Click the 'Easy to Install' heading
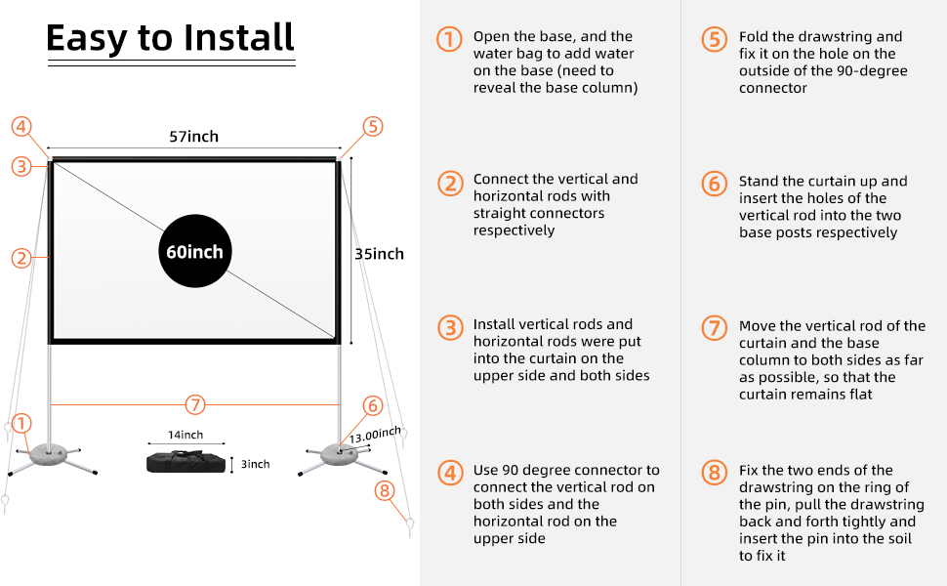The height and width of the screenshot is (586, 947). point(170,38)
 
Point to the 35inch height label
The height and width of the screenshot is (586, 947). point(379,254)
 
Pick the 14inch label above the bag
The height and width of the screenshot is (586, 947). point(185,435)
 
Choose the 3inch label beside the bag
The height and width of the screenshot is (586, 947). point(257,464)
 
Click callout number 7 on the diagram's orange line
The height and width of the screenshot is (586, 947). point(195,404)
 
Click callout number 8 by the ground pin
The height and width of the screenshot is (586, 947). point(385,490)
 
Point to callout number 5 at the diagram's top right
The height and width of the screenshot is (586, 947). point(372,126)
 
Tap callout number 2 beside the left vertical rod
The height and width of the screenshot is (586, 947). point(21,258)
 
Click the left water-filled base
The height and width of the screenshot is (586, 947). point(52,455)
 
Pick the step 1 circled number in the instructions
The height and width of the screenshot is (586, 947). point(449,39)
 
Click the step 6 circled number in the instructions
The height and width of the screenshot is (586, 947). point(715,184)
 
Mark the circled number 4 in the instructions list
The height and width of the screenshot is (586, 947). point(449,474)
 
